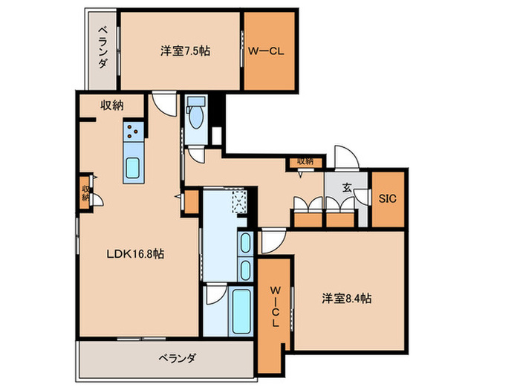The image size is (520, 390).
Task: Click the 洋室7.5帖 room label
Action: click(x=184, y=51)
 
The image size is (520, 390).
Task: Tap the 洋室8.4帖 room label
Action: click(x=347, y=298)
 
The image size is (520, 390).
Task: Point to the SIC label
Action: click(x=388, y=198)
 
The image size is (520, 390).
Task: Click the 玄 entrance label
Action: click(x=347, y=187)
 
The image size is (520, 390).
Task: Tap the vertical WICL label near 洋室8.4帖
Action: click(x=274, y=307)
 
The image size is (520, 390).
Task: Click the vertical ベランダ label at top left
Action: click(x=102, y=46)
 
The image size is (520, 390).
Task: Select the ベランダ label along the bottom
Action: click(x=177, y=358)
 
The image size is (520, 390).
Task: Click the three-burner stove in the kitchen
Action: click(x=134, y=133)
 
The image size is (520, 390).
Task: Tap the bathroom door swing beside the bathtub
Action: click(x=214, y=298)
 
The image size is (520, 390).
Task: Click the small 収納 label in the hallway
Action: click(x=305, y=160)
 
